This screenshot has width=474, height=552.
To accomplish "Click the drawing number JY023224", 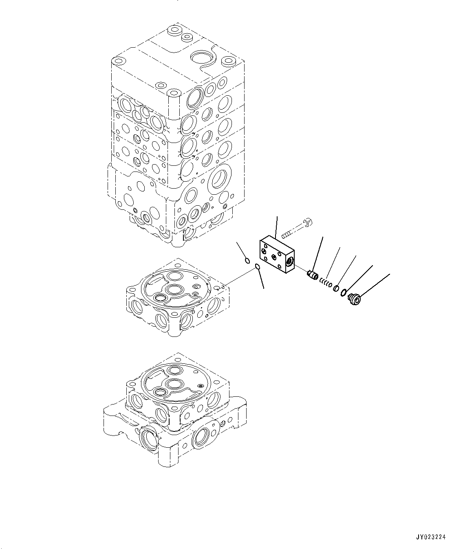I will click(x=431, y=537).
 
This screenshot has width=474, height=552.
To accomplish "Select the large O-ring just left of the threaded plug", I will click(x=344, y=293).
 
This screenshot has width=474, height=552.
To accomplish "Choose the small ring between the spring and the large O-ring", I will click(x=336, y=288).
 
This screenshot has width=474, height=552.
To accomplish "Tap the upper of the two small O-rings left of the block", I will click(x=247, y=260).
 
